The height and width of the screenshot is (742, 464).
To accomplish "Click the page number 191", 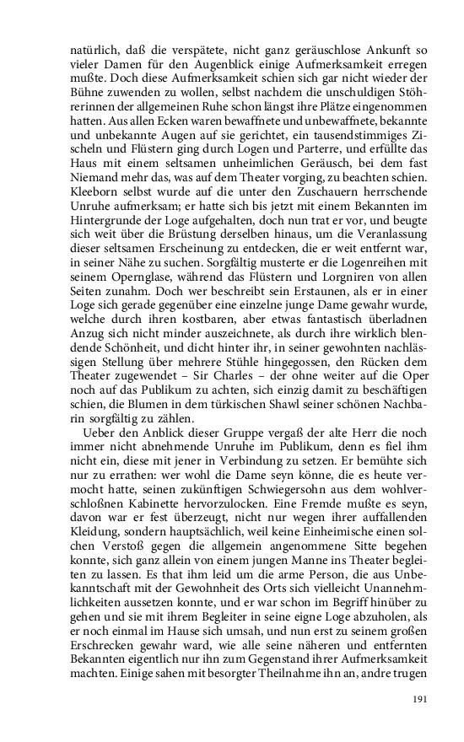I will [x=420, y=699].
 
